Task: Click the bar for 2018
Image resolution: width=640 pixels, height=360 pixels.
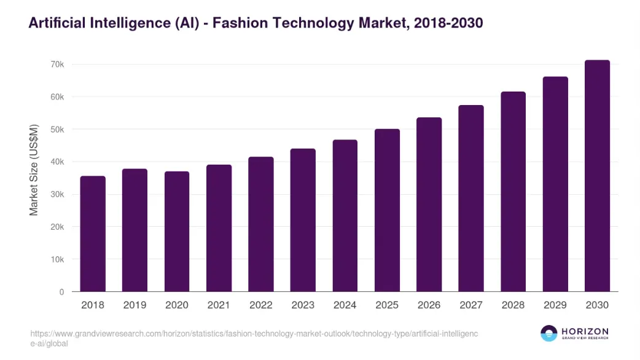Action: tap(93, 233)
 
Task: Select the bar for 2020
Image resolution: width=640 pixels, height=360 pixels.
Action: tap(177, 231)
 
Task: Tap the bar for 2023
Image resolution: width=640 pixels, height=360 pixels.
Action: tap(303, 220)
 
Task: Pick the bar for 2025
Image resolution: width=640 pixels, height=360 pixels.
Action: tap(387, 210)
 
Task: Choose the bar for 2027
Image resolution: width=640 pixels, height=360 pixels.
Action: tap(471, 198)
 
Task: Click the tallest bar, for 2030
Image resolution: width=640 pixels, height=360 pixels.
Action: tap(597, 176)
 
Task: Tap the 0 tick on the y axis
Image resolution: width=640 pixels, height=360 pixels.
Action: tap(61, 292)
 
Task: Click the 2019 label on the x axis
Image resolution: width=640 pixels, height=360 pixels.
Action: tap(135, 305)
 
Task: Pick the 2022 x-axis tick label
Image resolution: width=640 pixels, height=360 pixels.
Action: tap(261, 305)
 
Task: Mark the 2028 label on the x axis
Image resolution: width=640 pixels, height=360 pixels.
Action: tap(513, 305)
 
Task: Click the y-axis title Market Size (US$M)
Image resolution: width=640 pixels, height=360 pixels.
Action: tap(34, 170)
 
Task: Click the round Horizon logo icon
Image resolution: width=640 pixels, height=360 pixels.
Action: tap(548, 334)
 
